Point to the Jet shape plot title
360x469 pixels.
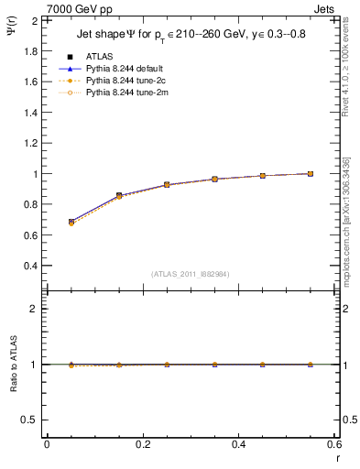190,36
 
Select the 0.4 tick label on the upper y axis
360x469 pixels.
30,266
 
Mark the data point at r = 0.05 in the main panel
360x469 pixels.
71,222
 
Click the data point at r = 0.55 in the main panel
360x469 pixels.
311,173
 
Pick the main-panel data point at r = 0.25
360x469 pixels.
167,184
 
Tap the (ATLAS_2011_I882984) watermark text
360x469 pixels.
191,273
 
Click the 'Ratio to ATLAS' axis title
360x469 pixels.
13,365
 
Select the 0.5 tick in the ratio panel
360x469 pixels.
30,420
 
